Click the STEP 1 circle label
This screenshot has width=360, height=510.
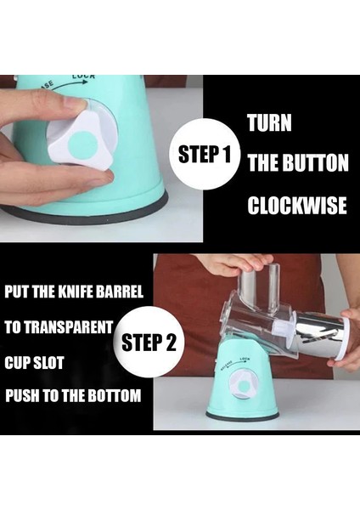click(205, 154)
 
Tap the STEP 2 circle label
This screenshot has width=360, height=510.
click(149, 342)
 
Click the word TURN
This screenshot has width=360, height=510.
click(269, 123)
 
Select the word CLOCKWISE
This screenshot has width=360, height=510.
click(297, 206)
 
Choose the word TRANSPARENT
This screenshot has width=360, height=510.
click(69, 327)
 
